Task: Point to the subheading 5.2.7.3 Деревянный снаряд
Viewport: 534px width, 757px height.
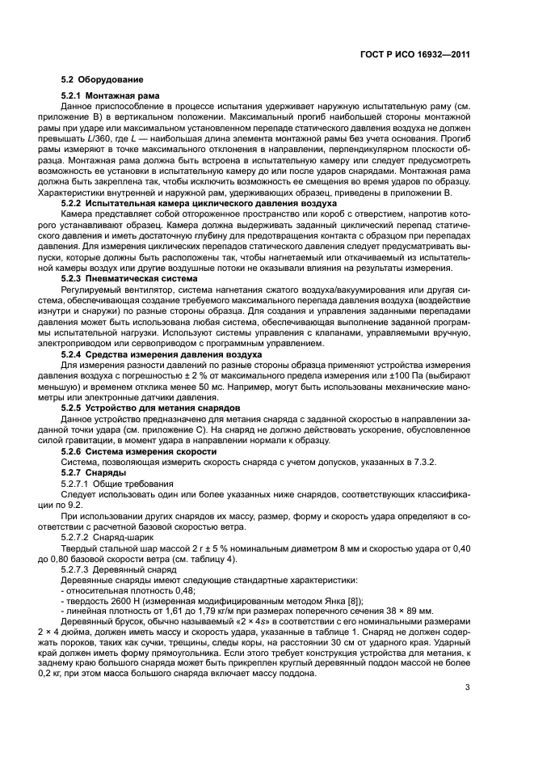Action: [120, 569]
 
